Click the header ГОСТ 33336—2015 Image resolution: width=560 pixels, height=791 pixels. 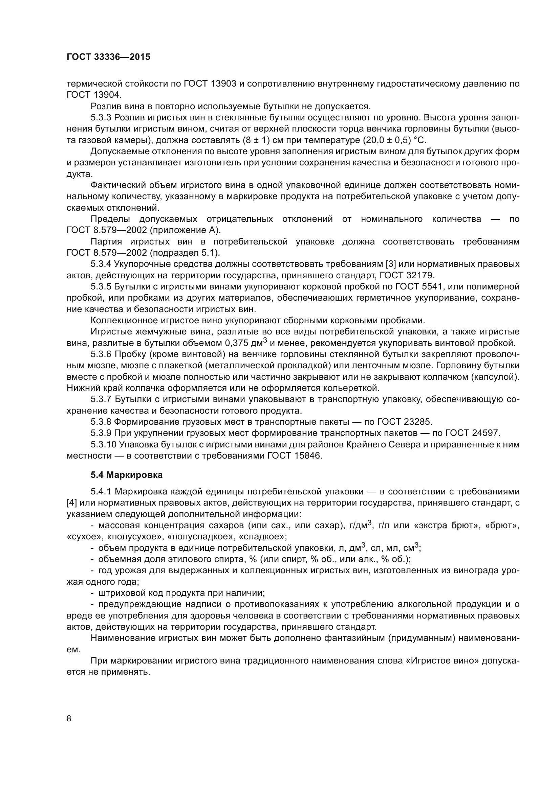point(108,57)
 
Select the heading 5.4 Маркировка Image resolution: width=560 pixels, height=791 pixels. point(127,475)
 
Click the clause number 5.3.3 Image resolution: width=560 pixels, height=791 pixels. point(101,117)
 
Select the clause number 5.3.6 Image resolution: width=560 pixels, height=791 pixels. point(101,354)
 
